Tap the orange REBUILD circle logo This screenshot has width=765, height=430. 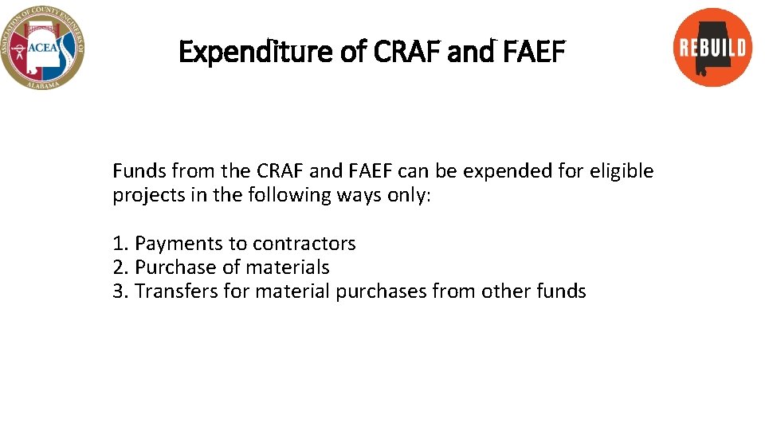712,47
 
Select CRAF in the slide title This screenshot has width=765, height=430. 402,53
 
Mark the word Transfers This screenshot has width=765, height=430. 177,291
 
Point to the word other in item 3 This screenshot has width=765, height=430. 504,291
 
